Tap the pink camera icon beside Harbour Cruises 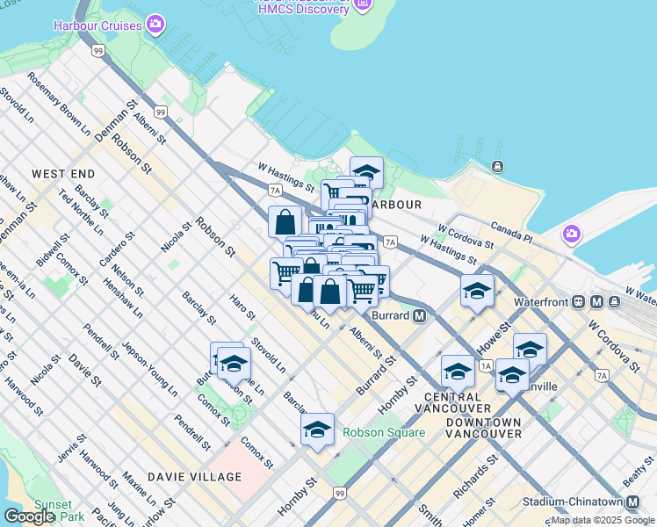coord(156,24)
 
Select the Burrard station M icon coord(420,315)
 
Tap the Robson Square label coord(384,432)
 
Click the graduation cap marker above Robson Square coord(317,430)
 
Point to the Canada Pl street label coord(511,231)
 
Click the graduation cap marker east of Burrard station coord(477,292)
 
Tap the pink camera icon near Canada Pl coord(572,235)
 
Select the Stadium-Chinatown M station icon coord(632,502)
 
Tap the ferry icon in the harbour coord(498,166)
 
